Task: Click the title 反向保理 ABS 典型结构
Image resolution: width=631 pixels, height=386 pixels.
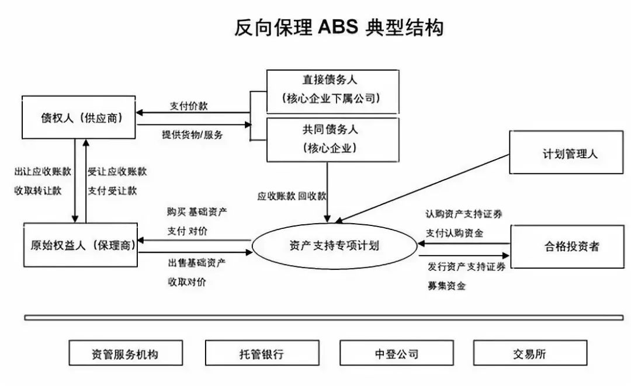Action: (339, 27)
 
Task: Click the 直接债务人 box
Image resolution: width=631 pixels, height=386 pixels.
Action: (332, 91)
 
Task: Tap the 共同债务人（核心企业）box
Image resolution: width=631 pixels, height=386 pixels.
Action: (332, 140)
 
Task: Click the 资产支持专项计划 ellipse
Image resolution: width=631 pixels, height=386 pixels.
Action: (334, 245)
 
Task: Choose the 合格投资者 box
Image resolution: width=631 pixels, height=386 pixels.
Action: (567, 246)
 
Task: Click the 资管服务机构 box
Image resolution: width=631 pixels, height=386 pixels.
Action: (125, 353)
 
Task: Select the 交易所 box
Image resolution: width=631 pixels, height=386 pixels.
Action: (529, 353)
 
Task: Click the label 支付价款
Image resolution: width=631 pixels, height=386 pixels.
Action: (188, 106)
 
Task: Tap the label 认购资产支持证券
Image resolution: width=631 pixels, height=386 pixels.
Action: (464, 214)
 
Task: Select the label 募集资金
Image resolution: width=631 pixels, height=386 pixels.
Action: (446, 286)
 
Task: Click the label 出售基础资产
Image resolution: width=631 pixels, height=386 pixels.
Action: (196, 263)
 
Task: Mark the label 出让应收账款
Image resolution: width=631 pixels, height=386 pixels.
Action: (43, 172)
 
